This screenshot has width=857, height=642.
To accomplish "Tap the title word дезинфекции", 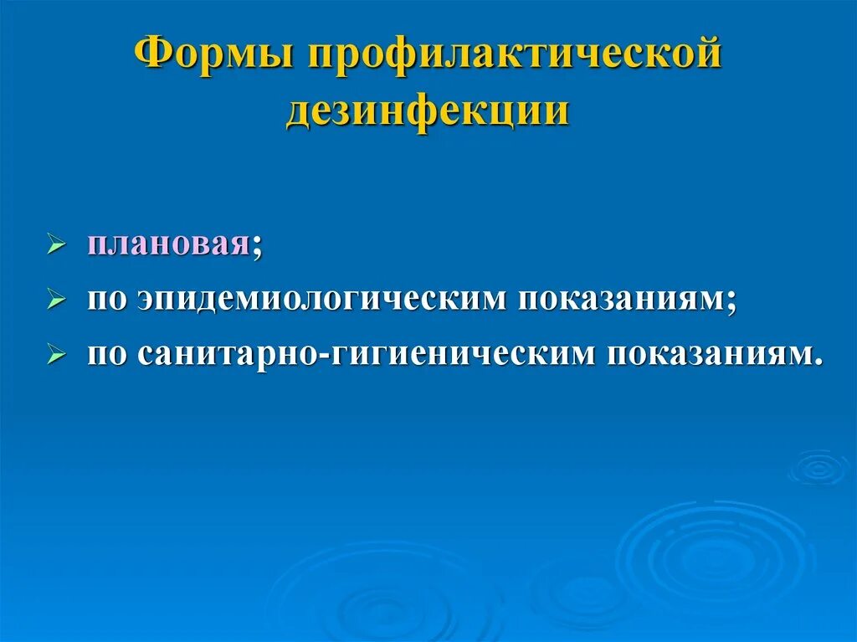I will [x=428, y=111].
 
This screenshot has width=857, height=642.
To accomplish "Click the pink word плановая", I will [x=168, y=246].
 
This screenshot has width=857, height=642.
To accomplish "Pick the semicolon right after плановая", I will [x=257, y=249].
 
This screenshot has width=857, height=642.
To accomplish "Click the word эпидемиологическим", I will [x=323, y=300].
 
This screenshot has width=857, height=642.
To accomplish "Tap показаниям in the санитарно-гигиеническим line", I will [x=707, y=355].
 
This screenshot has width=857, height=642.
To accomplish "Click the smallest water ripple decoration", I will [x=819, y=468].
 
